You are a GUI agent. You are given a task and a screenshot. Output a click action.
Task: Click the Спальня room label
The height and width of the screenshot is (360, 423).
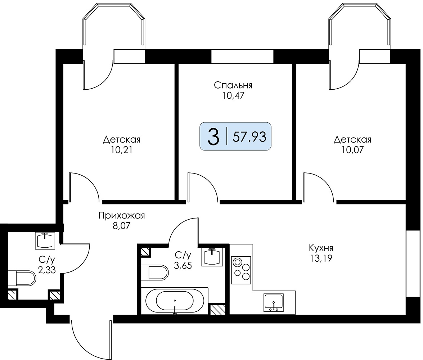(x=233, y=85)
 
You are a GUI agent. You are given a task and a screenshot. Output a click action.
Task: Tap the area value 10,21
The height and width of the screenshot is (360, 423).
(x=122, y=150)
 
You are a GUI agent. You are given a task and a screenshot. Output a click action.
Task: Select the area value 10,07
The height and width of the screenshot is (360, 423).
(x=352, y=149)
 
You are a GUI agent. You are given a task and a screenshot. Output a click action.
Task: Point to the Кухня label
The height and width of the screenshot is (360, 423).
(x=321, y=248)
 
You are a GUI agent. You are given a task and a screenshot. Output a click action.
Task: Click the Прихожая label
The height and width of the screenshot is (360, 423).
(x=122, y=216)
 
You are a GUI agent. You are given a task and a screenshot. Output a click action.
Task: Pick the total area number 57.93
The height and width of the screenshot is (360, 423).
(x=249, y=137)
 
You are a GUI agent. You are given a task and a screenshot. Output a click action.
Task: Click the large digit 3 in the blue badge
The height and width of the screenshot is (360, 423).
(x=213, y=136)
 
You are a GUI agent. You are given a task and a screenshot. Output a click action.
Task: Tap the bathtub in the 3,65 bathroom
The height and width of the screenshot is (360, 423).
(x=175, y=300)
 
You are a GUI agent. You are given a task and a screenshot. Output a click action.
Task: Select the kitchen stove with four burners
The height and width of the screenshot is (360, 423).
(x=241, y=270)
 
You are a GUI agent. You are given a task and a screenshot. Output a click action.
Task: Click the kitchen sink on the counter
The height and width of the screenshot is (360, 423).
(x=274, y=302)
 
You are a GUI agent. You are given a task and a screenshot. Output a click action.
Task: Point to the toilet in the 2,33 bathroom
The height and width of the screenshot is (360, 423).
(x=22, y=278)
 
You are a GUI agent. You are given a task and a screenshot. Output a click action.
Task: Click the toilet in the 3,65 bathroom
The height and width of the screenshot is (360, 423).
(x=155, y=273)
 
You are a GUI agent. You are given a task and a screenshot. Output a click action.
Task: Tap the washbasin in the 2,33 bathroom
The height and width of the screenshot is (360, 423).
(x=45, y=240)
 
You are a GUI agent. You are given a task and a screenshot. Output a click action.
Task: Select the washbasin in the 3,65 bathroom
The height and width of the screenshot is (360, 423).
(x=212, y=257)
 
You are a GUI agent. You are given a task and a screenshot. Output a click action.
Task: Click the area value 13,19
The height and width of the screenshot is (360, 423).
(x=321, y=258)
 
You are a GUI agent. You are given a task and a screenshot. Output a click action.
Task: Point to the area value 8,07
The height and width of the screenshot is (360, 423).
(x=122, y=226)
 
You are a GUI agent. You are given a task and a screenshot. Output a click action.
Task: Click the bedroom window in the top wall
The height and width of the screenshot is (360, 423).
(x=242, y=57)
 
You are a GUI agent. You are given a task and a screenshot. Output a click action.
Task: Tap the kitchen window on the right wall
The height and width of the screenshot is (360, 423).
(x=413, y=264)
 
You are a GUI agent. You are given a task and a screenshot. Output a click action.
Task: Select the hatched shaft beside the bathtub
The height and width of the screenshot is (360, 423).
(x=217, y=309)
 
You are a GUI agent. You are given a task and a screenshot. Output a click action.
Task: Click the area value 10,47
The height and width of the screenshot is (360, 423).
(x=233, y=95)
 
